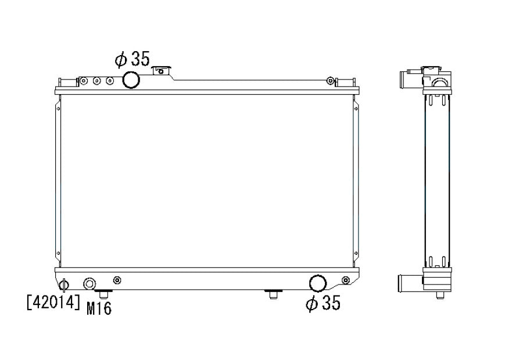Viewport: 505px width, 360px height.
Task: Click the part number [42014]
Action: click(53, 303)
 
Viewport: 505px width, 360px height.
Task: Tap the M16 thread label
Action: click(99, 308)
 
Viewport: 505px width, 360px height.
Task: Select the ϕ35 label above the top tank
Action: click(132, 59)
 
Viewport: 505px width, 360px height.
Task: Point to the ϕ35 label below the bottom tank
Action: click(323, 303)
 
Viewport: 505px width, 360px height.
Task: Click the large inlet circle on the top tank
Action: click(131, 80)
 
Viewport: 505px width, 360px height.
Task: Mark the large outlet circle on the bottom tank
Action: click(318, 283)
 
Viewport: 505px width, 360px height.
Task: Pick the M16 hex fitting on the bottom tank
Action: click(89, 284)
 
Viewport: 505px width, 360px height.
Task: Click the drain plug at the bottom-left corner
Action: click(64, 285)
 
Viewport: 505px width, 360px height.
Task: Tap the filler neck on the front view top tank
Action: click(162, 70)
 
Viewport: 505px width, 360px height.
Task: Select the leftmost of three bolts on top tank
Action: click(84, 81)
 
